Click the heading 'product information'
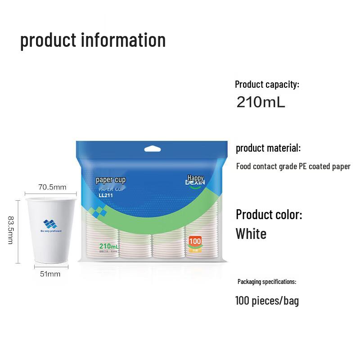pyautogui.click(x=93, y=40)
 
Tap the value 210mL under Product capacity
pyautogui.click(x=261, y=102)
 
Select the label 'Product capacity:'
pyautogui.click(x=267, y=84)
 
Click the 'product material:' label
pyautogui.click(x=268, y=148)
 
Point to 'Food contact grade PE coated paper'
pyautogui.click(x=293, y=166)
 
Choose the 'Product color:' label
pyautogui.click(x=269, y=214)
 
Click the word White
pyautogui.click(x=251, y=234)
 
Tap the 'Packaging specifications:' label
pyautogui.click(x=266, y=282)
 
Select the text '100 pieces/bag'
pyautogui.click(x=267, y=301)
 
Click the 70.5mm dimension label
pyautogui.click(x=52, y=187)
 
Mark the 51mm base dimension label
pyautogui.click(x=50, y=274)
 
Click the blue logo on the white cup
pyautogui.click(x=50, y=224)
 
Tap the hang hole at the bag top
pyautogui.click(x=153, y=148)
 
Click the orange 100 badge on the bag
pyautogui.click(x=195, y=242)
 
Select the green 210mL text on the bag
pyautogui.click(x=109, y=246)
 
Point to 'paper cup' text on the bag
pyautogui.click(x=110, y=180)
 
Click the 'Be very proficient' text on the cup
pyautogui.click(x=50, y=231)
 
